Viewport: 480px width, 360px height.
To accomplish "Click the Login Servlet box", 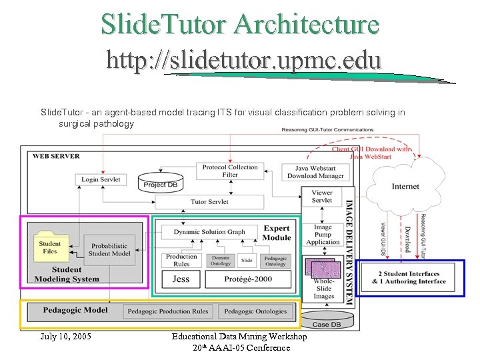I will coord(101,180).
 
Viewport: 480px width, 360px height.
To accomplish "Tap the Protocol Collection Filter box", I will coord(230,171).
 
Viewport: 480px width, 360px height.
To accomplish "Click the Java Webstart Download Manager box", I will coord(316,172).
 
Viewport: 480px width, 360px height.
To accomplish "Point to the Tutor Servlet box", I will coord(209,201).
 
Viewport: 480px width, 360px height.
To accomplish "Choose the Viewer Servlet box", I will coord(322,197).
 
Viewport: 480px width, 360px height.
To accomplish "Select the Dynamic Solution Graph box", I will coord(209,232).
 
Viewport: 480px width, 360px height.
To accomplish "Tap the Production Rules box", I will coord(181,260).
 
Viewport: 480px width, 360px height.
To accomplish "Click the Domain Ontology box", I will coord(220,260).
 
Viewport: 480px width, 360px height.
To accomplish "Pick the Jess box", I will coord(181,279).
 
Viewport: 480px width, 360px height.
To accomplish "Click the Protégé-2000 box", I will coord(248,279).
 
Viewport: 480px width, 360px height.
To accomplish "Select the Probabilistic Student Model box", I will coord(110,250).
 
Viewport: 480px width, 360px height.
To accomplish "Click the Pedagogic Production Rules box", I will coord(168,311).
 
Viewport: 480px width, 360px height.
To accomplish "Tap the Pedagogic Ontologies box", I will coord(255,311).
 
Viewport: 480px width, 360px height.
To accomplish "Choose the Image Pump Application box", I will coord(323,235).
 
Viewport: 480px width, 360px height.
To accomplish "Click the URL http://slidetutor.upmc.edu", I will coord(244,61).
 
